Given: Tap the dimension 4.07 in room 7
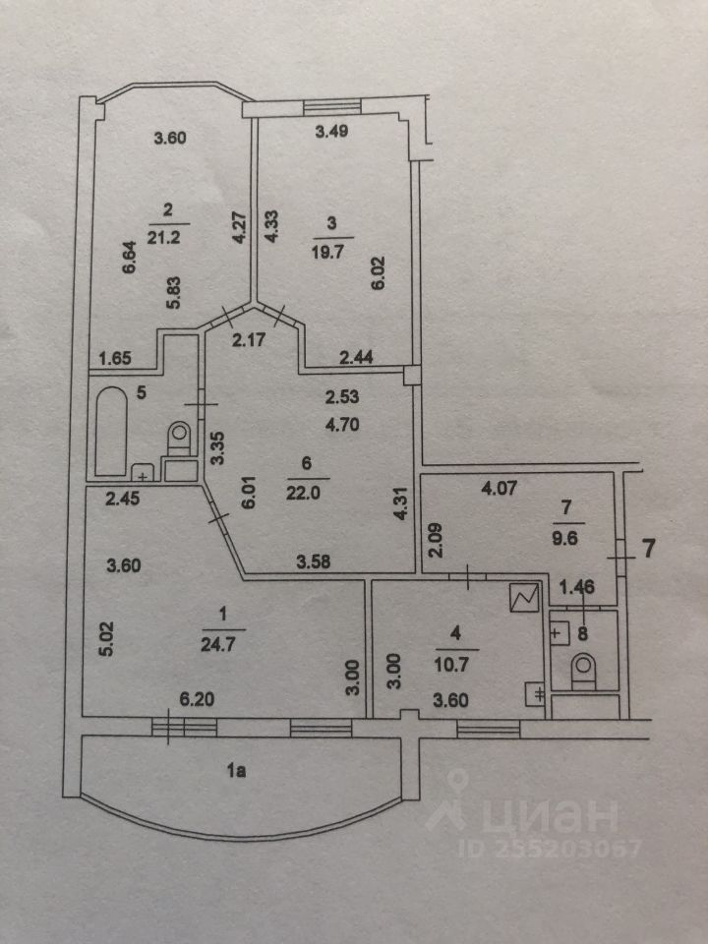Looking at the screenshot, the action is [498, 485].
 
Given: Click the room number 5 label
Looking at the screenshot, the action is [142, 393].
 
